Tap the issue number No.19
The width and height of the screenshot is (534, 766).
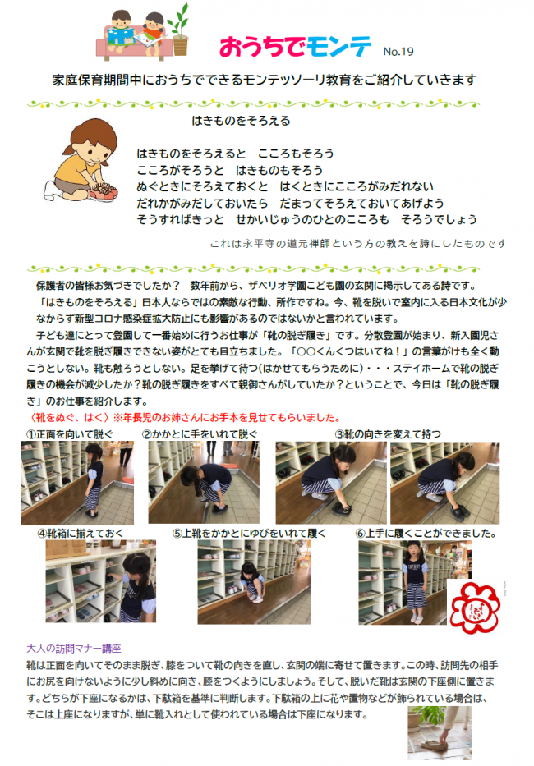pyautogui.click(x=398, y=51)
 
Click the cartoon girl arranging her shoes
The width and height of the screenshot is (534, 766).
pyautogui.click(x=83, y=161)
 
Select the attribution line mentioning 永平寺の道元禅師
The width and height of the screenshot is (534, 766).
pyautogui.click(x=358, y=243)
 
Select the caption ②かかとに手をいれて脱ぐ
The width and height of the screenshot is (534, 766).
pyautogui.click(x=200, y=433)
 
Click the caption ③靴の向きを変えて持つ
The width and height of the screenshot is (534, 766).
pyautogui.click(x=387, y=433)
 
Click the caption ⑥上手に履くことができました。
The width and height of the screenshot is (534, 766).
pyautogui.click(x=426, y=533)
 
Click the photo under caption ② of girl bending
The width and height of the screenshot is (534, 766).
pyautogui.click(x=193, y=483)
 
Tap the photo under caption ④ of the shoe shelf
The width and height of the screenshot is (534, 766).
pyautogui.click(x=100, y=581)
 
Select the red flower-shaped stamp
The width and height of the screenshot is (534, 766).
pyautogui.click(x=475, y=607)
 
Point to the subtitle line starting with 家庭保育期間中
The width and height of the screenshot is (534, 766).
pyautogui.click(x=264, y=80)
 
